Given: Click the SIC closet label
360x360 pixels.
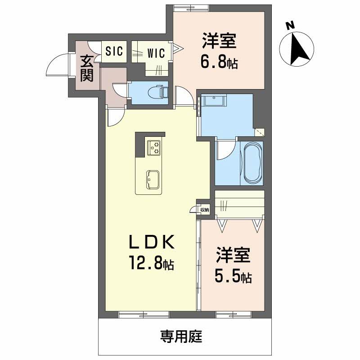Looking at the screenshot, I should pos(114,52).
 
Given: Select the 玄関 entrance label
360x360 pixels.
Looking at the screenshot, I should pos(86,68).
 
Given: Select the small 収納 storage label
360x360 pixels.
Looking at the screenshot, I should pos(204,210).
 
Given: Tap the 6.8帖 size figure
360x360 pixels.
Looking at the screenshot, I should pos(219,63).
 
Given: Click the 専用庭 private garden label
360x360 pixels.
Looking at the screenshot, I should pos(181,335).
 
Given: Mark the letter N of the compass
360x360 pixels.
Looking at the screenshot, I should pos(291,26).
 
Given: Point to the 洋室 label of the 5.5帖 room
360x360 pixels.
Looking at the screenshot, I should pos(232,255).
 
